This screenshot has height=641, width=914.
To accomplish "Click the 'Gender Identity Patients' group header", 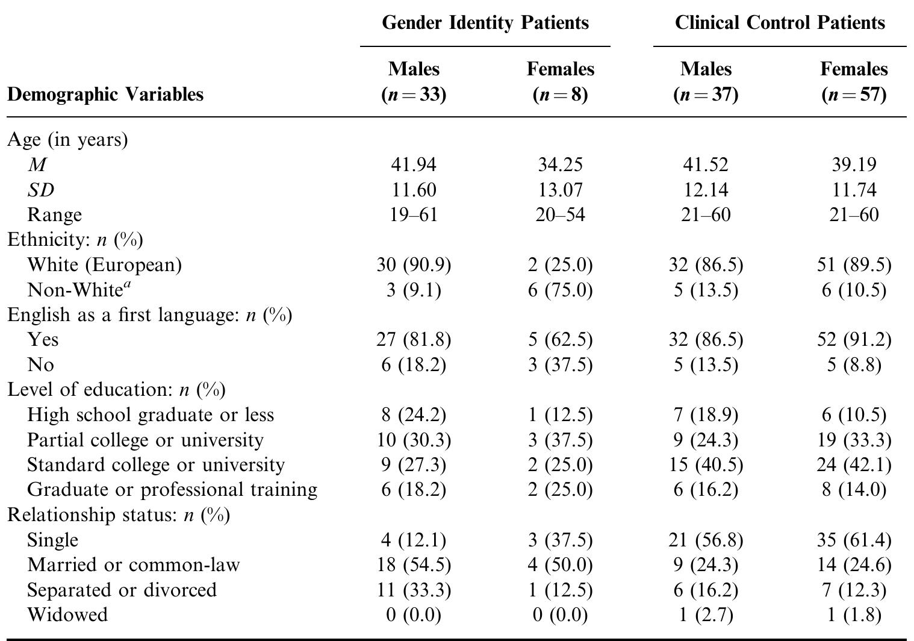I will coord(485,23).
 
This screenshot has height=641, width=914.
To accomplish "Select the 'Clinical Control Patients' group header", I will coord(780,23).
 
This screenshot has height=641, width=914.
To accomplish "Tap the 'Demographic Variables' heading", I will coord(105,95).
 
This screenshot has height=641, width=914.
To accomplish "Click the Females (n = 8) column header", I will coord(560,82).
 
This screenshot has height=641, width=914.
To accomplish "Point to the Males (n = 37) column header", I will coord(706,82).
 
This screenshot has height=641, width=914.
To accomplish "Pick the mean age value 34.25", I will coord(560,164).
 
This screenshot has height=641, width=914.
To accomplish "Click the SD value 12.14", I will coord(706,190).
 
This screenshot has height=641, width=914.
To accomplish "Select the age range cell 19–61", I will coord(414,214).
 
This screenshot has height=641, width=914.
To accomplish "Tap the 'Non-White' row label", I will coord(79,290).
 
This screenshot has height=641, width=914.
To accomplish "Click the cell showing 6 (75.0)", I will coord(560,290).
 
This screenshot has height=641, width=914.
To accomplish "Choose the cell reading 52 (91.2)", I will coord(854,340).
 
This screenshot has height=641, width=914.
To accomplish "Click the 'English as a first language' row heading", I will coord(149,315).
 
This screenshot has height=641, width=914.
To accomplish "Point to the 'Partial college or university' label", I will coord(145,440).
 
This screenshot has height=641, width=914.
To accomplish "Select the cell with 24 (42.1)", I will coord(854,465).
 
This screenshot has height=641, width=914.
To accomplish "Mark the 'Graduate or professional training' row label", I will coord(172,490).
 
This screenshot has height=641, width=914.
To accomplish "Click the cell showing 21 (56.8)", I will coord(706,540).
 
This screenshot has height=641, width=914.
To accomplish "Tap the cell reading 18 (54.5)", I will coord(414,565).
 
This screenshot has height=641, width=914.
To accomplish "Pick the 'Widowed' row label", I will coord(67,614).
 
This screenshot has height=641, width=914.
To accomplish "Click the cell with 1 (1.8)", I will coord(854,614).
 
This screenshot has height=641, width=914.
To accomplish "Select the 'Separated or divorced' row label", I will coord(122,590).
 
